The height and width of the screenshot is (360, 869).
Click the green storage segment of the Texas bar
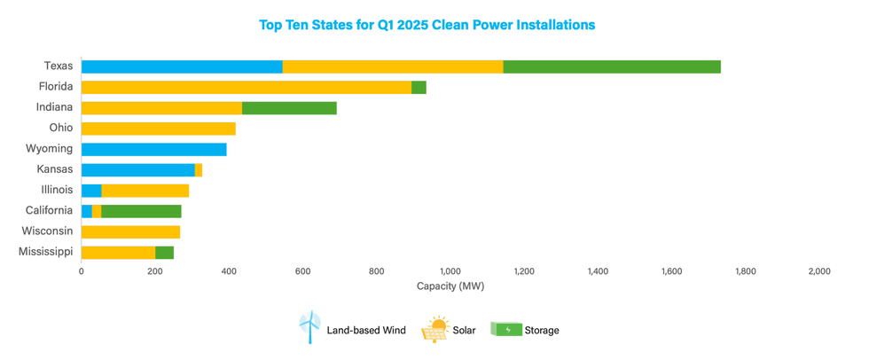[611, 67]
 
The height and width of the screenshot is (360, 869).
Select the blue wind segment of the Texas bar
[182, 67]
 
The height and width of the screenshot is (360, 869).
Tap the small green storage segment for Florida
[419, 87]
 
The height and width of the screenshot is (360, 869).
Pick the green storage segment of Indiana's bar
[289, 108]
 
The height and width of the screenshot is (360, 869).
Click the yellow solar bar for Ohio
[158, 129]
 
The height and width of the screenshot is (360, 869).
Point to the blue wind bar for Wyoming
[153, 149]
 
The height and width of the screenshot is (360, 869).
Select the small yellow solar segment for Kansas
[199, 169]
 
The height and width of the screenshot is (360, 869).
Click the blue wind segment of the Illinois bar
[91, 190]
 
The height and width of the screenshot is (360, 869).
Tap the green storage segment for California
[141, 211]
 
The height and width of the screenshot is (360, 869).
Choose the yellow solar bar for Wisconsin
[130, 231]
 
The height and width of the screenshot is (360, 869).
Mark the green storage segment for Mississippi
[165, 253]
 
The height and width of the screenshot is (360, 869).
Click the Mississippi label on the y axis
[45, 253]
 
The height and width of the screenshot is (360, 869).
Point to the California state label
[49, 211]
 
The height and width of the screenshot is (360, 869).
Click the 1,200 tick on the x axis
[523, 271]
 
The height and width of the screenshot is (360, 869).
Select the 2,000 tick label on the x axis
[818, 271]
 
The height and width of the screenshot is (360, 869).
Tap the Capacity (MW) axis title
[450, 286]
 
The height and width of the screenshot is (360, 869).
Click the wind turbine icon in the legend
[309, 328]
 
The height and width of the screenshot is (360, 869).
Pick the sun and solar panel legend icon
[438, 328]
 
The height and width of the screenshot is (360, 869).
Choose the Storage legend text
[541, 331]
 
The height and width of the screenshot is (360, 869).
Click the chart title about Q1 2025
[427, 25]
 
